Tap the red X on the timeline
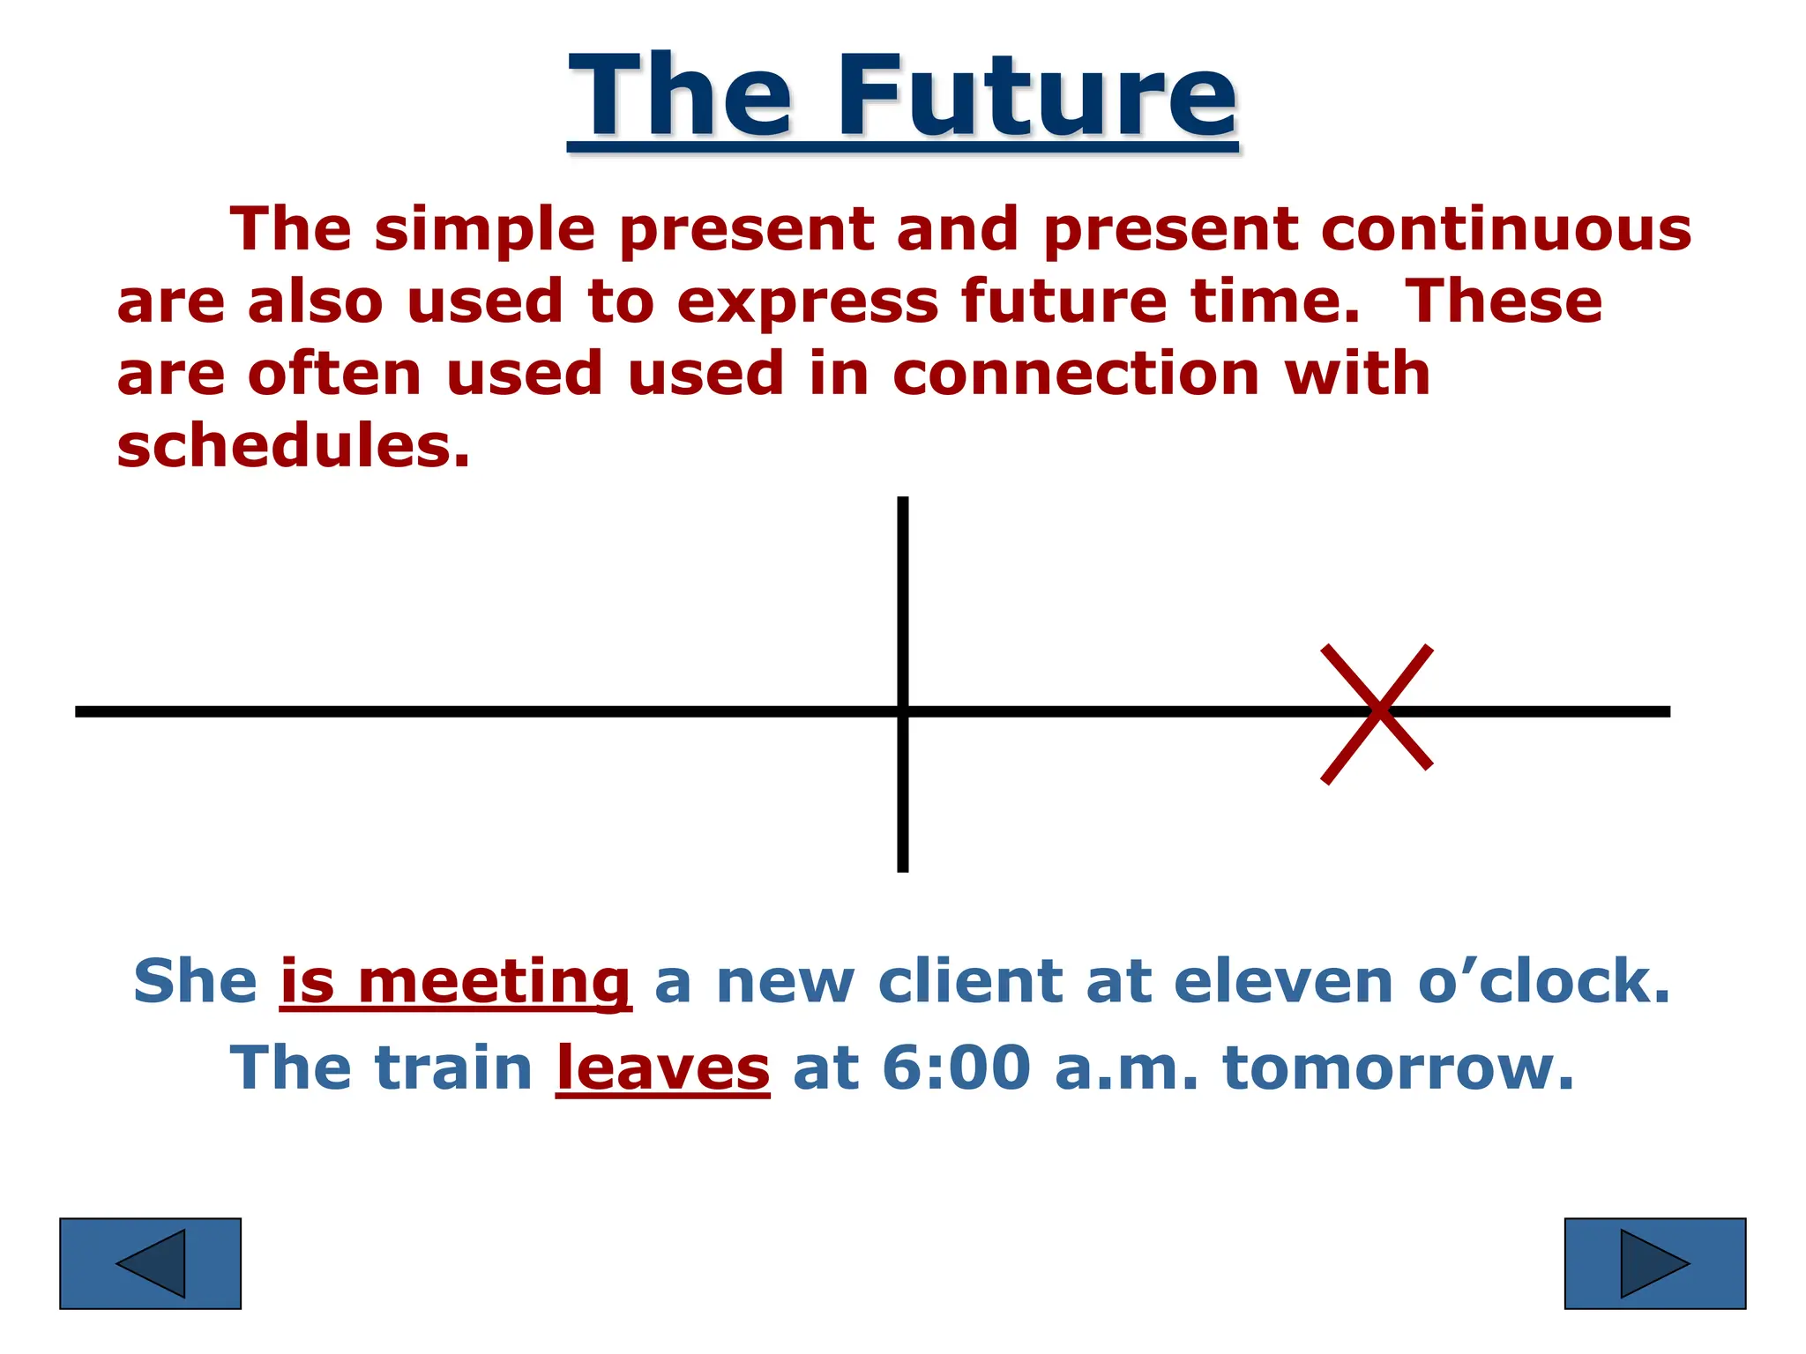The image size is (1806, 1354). [1377, 712]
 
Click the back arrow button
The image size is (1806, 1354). [150, 1263]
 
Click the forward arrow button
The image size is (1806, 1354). [1654, 1263]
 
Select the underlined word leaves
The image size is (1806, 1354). [662, 1068]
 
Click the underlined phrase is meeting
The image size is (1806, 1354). [455, 981]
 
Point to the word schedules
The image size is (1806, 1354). [293, 445]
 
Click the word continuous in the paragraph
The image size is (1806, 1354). [1506, 229]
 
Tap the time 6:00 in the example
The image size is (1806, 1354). [956, 1068]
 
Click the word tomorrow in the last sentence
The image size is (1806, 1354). [1398, 1068]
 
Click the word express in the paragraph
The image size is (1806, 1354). [807, 302]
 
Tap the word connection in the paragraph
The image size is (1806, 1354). [1076, 374]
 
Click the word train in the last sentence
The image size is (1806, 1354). [454, 1068]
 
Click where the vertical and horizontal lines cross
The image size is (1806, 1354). [902, 711]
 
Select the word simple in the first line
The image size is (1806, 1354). [485, 229]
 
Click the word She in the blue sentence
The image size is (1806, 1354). [195, 981]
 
